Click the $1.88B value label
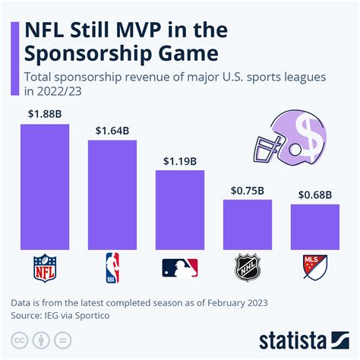[x=45, y=115]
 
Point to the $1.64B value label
[x=112, y=131]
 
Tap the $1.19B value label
[x=180, y=161]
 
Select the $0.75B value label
[x=247, y=191]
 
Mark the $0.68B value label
[x=314, y=195]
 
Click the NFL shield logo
[x=45, y=268]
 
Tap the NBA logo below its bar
[x=112, y=268]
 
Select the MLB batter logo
[x=180, y=268]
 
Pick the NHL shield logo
[x=247, y=268]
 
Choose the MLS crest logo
[x=314, y=268]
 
